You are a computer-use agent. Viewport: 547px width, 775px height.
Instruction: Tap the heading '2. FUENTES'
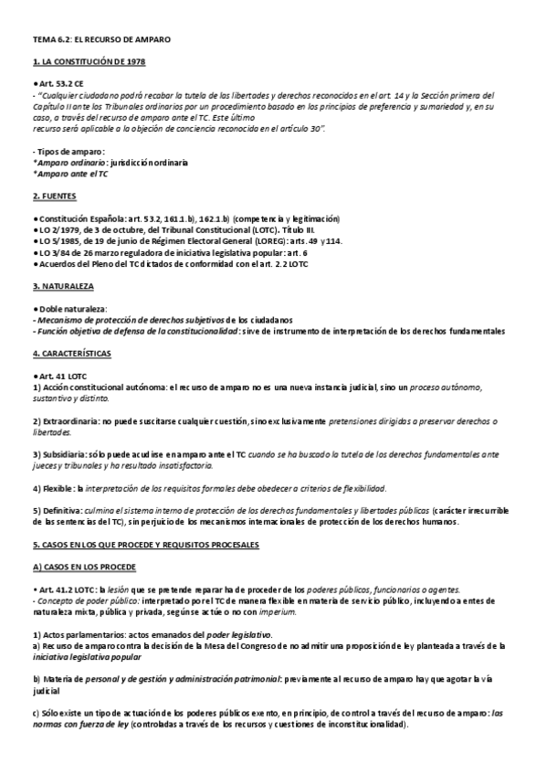point(55,196)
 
